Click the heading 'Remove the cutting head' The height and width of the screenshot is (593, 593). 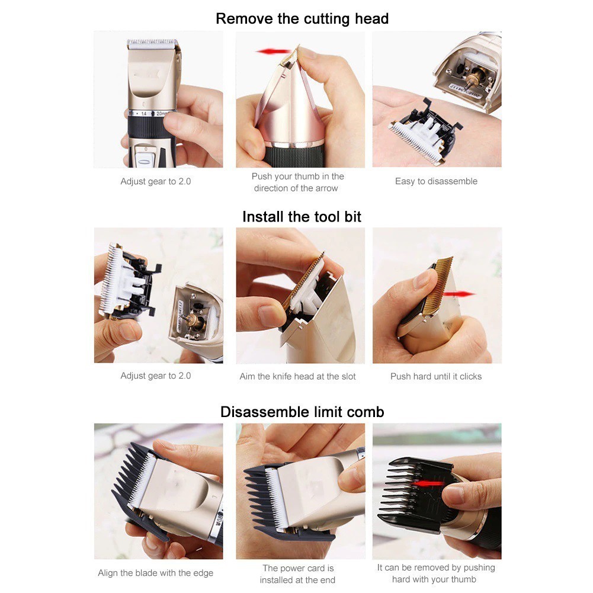[x=302, y=18]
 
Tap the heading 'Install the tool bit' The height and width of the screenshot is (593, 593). [x=302, y=217]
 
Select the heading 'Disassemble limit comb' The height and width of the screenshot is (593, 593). [x=302, y=412]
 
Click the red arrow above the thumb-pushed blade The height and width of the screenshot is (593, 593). [x=273, y=52]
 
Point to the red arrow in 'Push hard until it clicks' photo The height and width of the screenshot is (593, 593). [x=459, y=294]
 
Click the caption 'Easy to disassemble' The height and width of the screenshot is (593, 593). [x=436, y=181]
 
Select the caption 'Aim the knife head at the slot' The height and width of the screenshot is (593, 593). [x=297, y=376]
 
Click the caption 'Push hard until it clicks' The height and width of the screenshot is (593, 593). [x=436, y=376]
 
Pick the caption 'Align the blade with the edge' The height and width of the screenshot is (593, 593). [x=155, y=573]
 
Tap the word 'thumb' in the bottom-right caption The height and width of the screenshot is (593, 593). [x=460, y=579]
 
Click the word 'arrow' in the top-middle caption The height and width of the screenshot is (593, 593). [x=325, y=188]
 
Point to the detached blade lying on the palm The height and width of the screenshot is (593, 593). [x=425, y=131]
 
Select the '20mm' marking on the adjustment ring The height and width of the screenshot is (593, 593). [x=162, y=114]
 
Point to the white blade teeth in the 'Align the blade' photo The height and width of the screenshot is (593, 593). [x=142, y=480]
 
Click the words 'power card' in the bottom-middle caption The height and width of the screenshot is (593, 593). [x=299, y=568]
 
